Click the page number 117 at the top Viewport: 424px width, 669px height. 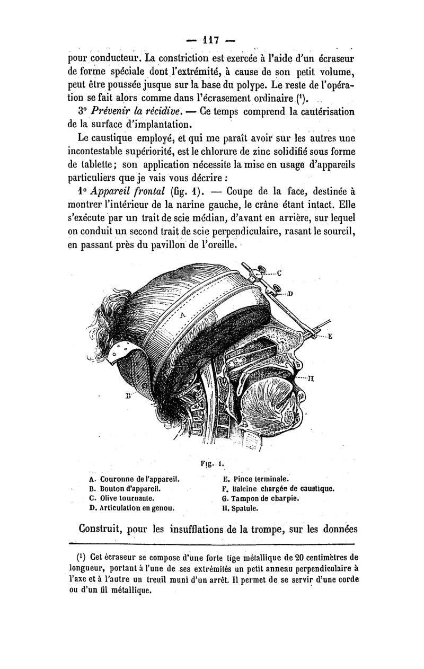click(211, 40)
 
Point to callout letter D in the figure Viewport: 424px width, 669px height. click(291, 293)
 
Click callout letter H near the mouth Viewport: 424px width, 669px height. click(312, 377)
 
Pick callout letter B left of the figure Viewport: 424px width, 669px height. click(127, 395)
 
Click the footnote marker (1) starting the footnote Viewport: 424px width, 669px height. click(82, 557)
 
